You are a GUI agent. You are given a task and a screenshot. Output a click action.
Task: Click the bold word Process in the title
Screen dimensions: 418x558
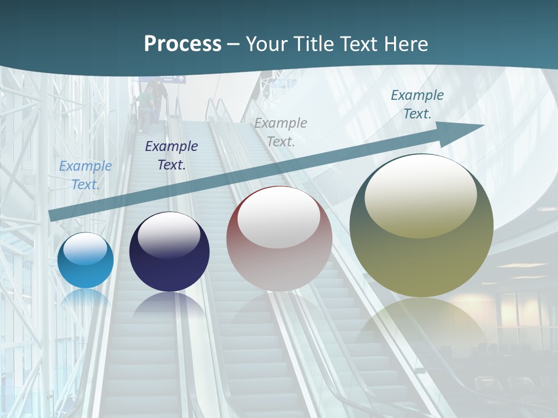183,44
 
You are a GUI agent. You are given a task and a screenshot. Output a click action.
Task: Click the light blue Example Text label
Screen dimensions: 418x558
85,175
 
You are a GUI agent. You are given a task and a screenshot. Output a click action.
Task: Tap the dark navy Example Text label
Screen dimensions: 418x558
171,156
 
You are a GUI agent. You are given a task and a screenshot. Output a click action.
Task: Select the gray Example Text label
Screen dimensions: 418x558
281,132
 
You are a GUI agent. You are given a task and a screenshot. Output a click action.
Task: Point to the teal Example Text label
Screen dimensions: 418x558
417,105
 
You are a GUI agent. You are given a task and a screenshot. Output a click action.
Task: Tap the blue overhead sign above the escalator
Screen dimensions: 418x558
163,79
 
